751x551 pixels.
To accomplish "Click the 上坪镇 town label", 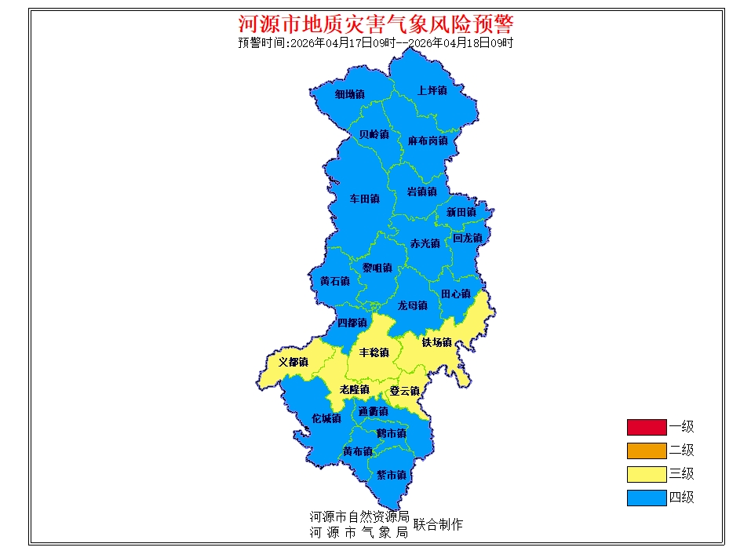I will pyautogui.click(x=432, y=91).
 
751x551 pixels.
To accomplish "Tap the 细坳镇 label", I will pyautogui.click(x=350, y=94).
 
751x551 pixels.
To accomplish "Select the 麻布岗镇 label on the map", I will pyautogui.click(x=428, y=141).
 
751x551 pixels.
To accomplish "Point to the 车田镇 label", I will pyautogui.click(x=365, y=199).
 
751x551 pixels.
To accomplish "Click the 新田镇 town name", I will pyautogui.click(x=461, y=213).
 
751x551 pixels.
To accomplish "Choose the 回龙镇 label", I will pyautogui.click(x=467, y=238).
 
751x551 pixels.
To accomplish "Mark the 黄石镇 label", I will pyautogui.click(x=335, y=281).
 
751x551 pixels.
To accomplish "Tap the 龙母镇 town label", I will pyautogui.click(x=412, y=305).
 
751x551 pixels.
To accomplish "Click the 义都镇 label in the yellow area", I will pyautogui.click(x=293, y=363).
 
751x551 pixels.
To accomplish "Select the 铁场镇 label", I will pyautogui.click(x=436, y=342).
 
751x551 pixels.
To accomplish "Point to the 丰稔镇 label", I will pyautogui.click(x=374, y=352).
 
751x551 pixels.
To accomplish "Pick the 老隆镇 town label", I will pyautogui.click(x=354, y=389).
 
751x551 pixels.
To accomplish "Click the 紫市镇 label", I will pyautogui.click(x=391, y=475).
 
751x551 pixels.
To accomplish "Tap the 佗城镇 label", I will pyautogui.click(x=326, y=418).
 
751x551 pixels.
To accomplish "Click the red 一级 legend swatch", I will pyautogui.click(x=646, y=428).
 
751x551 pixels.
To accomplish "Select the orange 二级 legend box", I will pyautogui.click(x=646, y=451).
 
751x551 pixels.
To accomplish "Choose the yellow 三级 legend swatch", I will pyautogui.click(x=646, y=474).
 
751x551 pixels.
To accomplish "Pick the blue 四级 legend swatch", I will pyautogui.click(x=646, y=498).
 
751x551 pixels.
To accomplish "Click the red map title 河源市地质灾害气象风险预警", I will pyautogui.click(x=375, y=24).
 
